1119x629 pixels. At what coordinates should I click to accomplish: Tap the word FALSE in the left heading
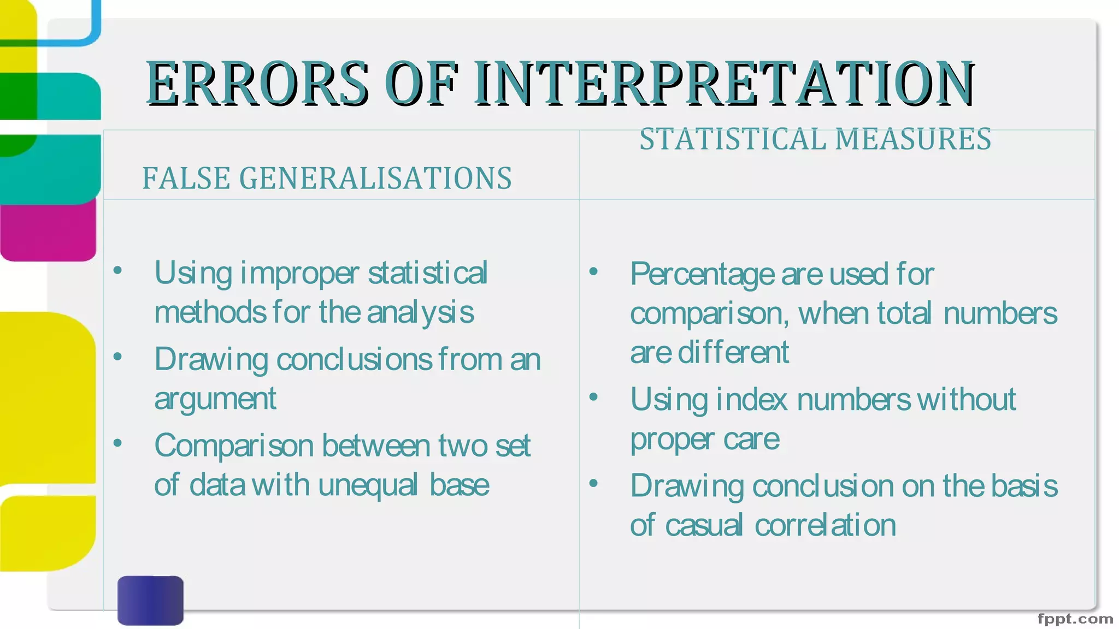click(x=186, y=179)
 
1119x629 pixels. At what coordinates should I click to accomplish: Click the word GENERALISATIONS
click(x=376, y=179)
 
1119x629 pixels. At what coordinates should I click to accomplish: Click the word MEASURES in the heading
click(x=913, y=139)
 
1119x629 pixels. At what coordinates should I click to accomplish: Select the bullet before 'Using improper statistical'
click(x=117, y=270)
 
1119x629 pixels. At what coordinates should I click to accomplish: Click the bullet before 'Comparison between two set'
click(x=117, y=443)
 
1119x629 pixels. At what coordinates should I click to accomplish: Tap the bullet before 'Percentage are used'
click(x=593, y=271)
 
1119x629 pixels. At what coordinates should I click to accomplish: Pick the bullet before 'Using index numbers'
click(x=593, y=397)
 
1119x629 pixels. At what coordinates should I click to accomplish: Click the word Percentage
click(x=703, y=275)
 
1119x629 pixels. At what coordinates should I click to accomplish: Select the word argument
click(x=215, y=399)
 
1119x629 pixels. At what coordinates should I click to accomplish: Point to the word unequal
click(x=368, y=485)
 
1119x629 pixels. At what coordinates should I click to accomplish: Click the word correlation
click(x=825, y=526)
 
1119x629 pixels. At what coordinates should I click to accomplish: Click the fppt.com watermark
click(x=1075, y=619)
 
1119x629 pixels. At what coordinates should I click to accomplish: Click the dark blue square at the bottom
click(x=150, y=600)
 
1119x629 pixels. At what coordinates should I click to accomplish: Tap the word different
click(x=733, y=353)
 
